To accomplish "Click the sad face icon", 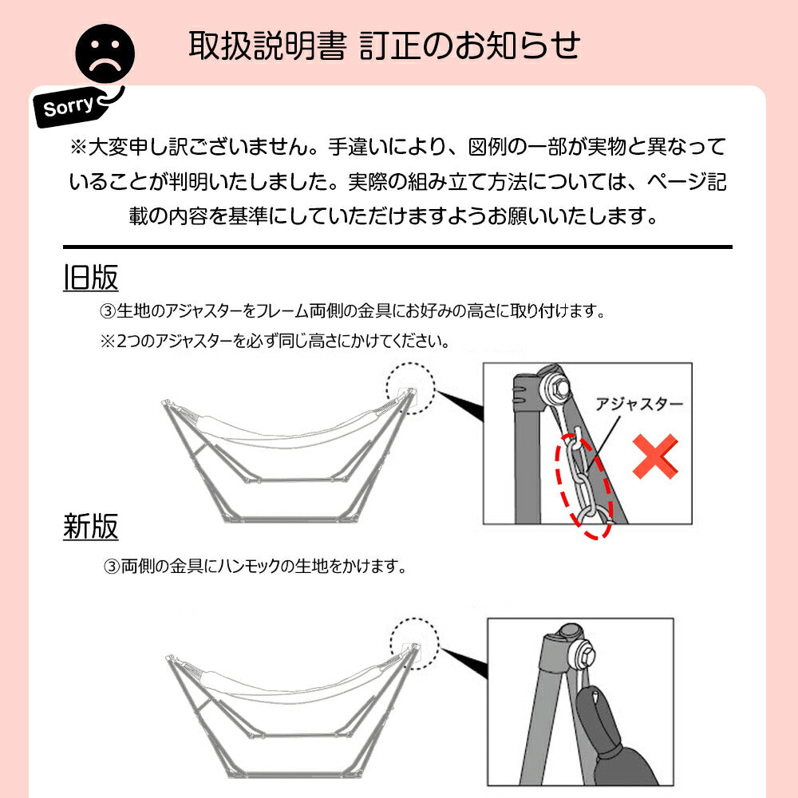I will [105, 53].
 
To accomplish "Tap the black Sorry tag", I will [70, 106].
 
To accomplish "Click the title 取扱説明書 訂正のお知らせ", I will [384, 45].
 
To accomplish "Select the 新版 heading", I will [90, 527].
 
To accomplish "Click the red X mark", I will [656, 456].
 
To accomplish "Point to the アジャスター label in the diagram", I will [639, 405].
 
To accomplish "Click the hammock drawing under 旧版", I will [287, 451].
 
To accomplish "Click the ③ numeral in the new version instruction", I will [112, 567].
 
